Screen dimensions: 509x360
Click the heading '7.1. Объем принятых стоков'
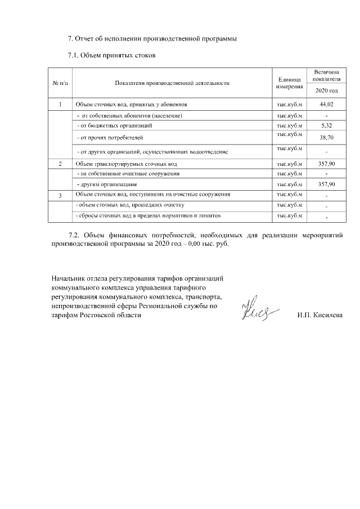(x=111, y=55)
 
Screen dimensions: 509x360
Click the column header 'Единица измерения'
(x=290, y=83)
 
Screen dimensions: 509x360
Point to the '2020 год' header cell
(x=326, y=91)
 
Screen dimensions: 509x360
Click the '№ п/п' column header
(x=60, y=83)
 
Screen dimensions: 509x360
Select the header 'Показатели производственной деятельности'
(x=172, y=83)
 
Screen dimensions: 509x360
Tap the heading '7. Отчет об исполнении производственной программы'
(x=152, y=39)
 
